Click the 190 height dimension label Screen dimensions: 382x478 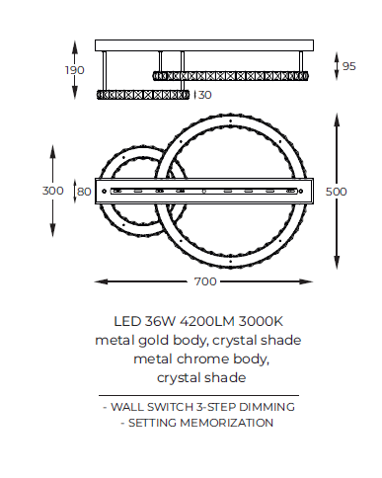click(75, 70)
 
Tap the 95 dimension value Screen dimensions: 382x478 click(349, 66)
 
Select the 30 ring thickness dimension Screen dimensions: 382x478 click(204, 95)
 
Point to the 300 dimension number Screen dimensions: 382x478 click(53, 191)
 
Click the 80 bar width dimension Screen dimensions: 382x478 click(84, 192)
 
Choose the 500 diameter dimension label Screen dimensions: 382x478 click(336, 192)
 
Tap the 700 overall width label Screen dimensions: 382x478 click(205, 281)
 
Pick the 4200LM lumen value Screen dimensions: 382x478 click(207, 321)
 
